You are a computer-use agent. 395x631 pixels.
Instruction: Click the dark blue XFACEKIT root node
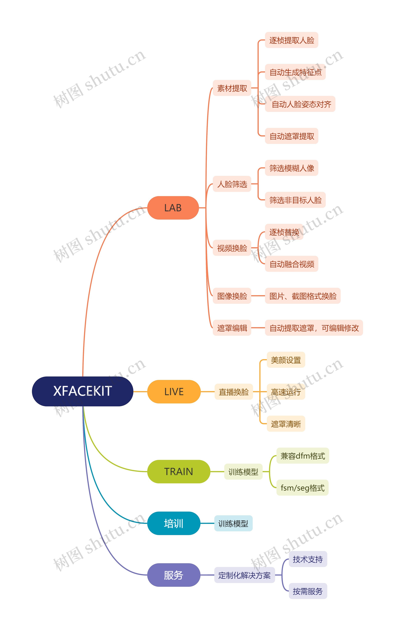tap(83, 391)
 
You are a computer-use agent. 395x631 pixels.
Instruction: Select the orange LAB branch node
tap(173, 208)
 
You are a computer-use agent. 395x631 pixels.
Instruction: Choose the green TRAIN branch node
tap(179, 472)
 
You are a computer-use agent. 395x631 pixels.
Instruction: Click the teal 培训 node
tap(174, 523)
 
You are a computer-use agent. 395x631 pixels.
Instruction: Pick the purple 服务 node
tap(174, 575)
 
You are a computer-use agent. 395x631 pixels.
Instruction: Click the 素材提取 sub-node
tap(232, 88)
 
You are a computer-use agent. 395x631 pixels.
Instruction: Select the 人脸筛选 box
tap(232, 184)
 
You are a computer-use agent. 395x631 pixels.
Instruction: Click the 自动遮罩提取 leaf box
tap(292, 136)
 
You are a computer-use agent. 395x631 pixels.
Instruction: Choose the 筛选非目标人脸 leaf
tap(295, 200)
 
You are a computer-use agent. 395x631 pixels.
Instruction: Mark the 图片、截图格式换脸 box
tap(303, 296)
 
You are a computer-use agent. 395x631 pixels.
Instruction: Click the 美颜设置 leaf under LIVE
tap(286, 360)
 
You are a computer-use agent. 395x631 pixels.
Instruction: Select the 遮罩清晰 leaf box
tap(286, 424)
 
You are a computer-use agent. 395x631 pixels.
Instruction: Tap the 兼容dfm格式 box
tap(303, 456)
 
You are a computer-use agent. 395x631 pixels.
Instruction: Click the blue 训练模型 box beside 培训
tap(233, 523)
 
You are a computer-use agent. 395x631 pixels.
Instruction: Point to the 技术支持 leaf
tap(308, 559)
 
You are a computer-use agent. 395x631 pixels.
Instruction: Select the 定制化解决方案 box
tap(245, 575)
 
